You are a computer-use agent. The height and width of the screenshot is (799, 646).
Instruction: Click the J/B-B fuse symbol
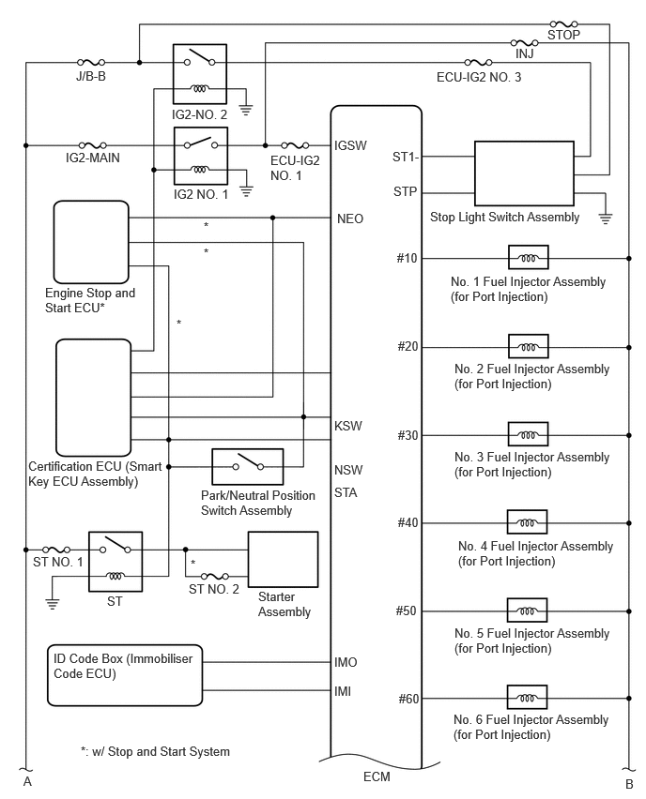(91, 62)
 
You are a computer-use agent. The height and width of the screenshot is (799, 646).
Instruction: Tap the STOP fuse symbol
(564, 24)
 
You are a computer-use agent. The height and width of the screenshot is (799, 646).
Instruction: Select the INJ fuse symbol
(524, 43)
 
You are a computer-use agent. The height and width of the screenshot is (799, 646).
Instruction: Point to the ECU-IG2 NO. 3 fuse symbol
(478, 62)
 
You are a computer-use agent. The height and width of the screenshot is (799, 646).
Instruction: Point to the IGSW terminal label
(350, 145)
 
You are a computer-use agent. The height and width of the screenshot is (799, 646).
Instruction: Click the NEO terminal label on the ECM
(350, 219)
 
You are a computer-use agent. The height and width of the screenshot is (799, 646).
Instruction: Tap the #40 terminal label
(408, 522)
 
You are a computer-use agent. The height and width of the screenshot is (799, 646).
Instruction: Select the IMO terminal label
(346, 662)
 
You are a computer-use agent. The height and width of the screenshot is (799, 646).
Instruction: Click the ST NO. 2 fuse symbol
(215, 577)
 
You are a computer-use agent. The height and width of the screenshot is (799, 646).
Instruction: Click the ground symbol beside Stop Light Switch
(606, 219)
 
